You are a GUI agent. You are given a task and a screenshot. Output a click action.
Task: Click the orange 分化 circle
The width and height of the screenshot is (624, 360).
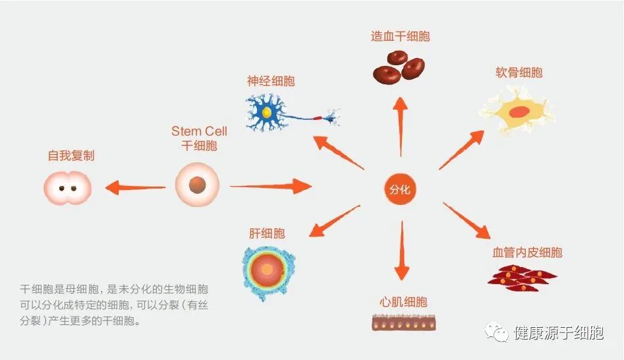pyautogui.click(x=400, y=189)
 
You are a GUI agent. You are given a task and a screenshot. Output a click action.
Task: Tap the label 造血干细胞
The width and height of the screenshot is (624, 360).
pyautogui.click(x=400, y=36)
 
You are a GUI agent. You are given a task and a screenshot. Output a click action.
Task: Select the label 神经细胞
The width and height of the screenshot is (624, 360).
pyautogui.click(x=271, y=81)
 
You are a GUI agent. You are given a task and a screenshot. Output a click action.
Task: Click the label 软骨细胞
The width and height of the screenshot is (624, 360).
pyautogui.click(x=519, y=73)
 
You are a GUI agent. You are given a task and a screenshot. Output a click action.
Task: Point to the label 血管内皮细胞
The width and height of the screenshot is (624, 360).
pyautogui.click(x=527, y=252)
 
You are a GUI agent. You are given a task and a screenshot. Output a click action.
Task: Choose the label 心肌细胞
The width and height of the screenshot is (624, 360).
pyautogui.click(x=403, y=302)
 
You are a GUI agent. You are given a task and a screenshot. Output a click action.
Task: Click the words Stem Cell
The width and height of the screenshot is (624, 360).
pyautogui.click(x=199, y=131)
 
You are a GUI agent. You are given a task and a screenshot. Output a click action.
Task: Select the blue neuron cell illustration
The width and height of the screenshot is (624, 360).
pyautogui.click(x=277, y=112)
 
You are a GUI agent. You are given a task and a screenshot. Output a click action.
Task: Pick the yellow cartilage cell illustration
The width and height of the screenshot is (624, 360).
pyautogui.click(x=517, y=112)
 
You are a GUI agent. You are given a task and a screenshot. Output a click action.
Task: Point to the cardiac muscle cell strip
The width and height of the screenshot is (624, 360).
pyautogui.click(x=403, y=322)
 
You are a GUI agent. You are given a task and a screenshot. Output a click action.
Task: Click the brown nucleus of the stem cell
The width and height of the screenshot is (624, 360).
pyautogui.click(x=196, y=186)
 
